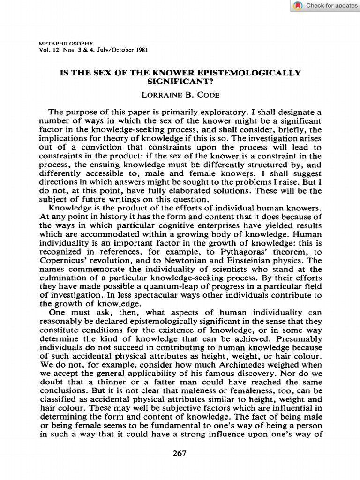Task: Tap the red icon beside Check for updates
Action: [x=298, y=6]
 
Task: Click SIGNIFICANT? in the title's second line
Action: [x=180, y=82]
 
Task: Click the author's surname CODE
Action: [x=208, y=95]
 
